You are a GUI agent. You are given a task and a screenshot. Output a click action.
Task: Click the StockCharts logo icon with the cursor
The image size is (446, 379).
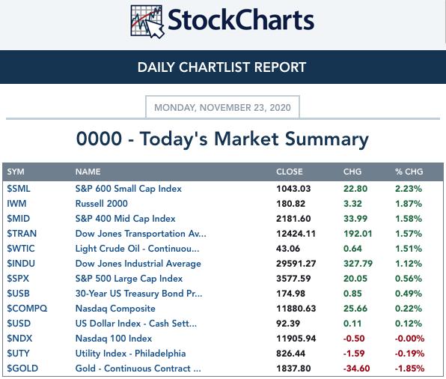(x=147, y=22)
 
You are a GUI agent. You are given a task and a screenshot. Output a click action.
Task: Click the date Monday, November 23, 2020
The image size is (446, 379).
(x=222, y=108)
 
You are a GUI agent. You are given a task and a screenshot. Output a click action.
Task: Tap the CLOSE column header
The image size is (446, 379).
(x=290, y=172)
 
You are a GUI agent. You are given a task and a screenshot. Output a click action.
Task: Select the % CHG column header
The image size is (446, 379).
(x=409, y=172)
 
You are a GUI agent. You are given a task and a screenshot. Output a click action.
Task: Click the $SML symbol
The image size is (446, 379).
(x=19, y=189)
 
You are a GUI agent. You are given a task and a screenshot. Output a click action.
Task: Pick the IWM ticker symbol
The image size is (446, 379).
(x=16, y=204)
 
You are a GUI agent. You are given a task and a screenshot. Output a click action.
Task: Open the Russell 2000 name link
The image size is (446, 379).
(x=101, y=204)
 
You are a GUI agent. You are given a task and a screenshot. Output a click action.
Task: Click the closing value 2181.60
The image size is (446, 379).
(x=293, y=219)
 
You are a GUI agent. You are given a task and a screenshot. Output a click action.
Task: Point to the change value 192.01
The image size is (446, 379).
(x=358, y=234)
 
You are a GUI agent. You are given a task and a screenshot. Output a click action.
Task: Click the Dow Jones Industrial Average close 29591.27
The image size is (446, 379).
(x=296, y=264)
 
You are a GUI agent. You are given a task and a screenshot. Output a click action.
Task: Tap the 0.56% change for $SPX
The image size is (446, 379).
(x=408, y=279)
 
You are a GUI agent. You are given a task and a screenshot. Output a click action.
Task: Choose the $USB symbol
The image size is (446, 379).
(x=18, y=294)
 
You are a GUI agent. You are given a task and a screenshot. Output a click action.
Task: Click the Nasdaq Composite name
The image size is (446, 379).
(x=115, y=309)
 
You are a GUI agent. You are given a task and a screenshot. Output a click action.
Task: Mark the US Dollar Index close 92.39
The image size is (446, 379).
(x=288, y=324)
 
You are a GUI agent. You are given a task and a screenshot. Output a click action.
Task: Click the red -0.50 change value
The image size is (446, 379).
(x=354, y=339)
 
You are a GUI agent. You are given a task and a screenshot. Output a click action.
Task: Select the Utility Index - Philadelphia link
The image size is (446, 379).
(x=130, y=354)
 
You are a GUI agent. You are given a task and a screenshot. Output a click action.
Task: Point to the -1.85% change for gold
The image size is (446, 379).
(x=409, y=369)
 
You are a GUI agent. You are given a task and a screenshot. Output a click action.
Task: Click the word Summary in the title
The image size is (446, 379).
(x=326, y=139)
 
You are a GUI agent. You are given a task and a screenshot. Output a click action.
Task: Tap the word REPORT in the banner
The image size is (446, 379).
(x=280, y=67)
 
